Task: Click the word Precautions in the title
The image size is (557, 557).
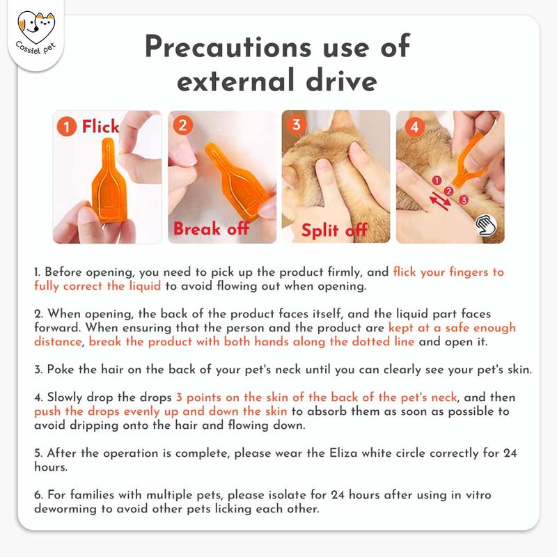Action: tap(228, 47)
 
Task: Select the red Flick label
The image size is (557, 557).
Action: tap(100, 126)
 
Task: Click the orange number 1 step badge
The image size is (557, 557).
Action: tap(67, 127)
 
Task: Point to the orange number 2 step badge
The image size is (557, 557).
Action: tap(182, 125)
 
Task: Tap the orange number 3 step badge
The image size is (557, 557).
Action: tap(297, 125)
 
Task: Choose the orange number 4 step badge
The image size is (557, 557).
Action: tap(414, 127)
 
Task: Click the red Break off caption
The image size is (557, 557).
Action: tap(211, 228)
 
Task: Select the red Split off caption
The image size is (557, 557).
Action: tap(334, 230)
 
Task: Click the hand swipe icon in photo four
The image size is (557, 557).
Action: tap(487, 225)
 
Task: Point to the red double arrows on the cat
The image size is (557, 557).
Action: tap(440, 201)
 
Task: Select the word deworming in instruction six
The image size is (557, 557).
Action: tap(65, 509)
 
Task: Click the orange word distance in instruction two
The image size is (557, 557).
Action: tap(58, 342)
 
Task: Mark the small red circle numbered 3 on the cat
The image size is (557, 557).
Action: tap(463, 200)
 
